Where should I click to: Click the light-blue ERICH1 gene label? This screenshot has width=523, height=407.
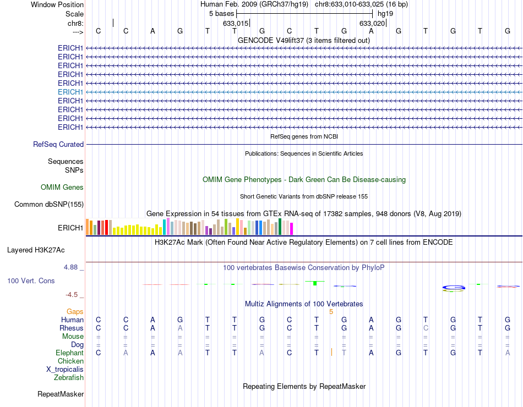point(70,92)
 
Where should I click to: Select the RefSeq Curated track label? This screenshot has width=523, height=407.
point(58,145)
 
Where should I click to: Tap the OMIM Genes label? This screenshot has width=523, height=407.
point(62,188)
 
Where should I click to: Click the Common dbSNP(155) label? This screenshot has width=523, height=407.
point(49,205)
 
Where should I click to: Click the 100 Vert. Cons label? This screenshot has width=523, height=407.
point(31,281)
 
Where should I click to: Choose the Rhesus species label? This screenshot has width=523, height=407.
point(72,328)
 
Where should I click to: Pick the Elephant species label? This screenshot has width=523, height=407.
point(69,353)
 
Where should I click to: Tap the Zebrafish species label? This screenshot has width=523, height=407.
point(69,378)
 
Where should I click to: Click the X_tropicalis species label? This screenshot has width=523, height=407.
point(65,370)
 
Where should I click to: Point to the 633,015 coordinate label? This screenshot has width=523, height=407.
point(236,24)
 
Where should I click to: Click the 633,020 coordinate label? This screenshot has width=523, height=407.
point(372,24)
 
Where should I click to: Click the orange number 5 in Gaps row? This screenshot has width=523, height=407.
point(331,312)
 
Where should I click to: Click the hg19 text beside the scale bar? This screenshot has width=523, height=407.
point(385,13)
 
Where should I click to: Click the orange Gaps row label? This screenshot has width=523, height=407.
point(75,312)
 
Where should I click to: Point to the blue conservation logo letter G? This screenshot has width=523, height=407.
point(455,287)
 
